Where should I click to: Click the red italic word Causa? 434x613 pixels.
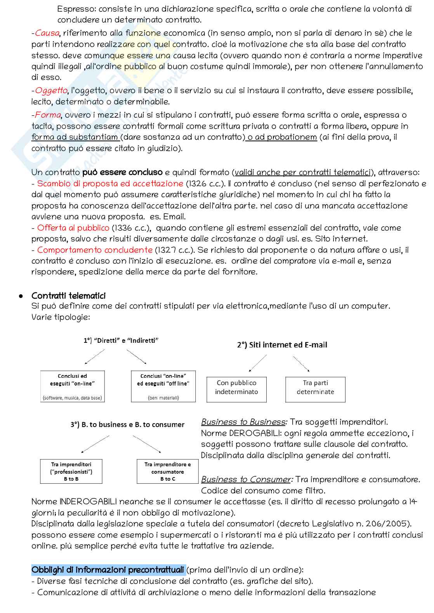coord(47,33)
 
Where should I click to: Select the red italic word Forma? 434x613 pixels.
coord(48,115)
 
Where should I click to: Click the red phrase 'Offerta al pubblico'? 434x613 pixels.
coord(73,228)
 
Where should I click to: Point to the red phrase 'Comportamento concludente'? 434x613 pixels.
coord(95,250)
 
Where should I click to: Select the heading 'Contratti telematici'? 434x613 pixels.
coord(69,296)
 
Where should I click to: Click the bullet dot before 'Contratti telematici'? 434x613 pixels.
coord(21,296)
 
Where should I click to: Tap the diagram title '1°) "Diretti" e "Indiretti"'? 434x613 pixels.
coord(121,341)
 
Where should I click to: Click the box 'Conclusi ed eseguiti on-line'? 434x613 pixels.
coord(73,386)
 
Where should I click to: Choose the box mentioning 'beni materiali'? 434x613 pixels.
coord(163,386)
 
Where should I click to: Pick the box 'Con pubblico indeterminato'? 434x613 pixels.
coord(236,389)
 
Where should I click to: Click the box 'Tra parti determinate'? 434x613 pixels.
coord(315,389)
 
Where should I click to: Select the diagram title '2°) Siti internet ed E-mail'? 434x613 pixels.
coord(282,345)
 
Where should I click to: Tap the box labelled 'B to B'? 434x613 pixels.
coord(71,471)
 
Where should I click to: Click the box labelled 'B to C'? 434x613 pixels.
coord(168,471)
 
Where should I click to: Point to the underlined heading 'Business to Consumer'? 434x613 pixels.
coord(246,480)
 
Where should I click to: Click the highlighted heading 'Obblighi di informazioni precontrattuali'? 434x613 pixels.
coord(108,570)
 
